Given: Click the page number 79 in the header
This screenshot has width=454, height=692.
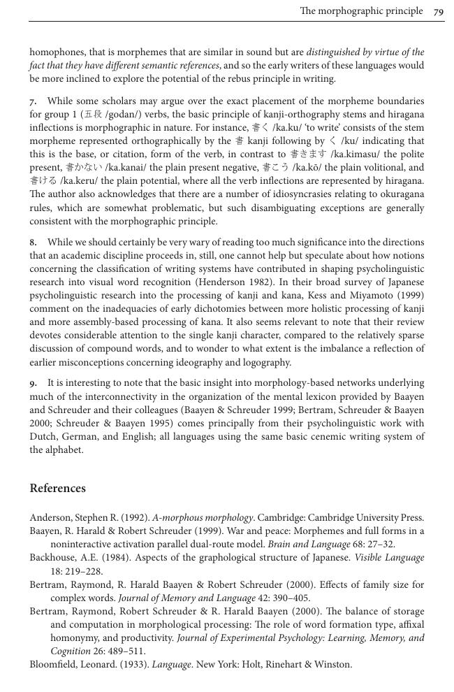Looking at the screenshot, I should pyautogui.click(x=439, y=11).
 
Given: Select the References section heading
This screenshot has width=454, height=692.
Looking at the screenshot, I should pyautogui.click(x=57, y=489).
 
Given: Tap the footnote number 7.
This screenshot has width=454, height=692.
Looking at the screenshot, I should pyautogui.click(x=32, y=101).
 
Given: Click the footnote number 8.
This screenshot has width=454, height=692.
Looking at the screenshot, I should pyautogui.click(x=32, y=243).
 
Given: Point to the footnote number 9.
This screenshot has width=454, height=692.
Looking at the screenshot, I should pyautogui.click(x=32, y=384).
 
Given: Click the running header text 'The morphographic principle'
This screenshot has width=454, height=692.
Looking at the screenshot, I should pyautogui.click(x=361, y=11).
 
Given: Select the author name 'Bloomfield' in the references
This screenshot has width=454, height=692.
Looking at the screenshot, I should pyautogui.click(x=53, y=664).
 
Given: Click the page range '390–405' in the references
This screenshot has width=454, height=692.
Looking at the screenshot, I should pyautogui.click(x=291, y=598).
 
